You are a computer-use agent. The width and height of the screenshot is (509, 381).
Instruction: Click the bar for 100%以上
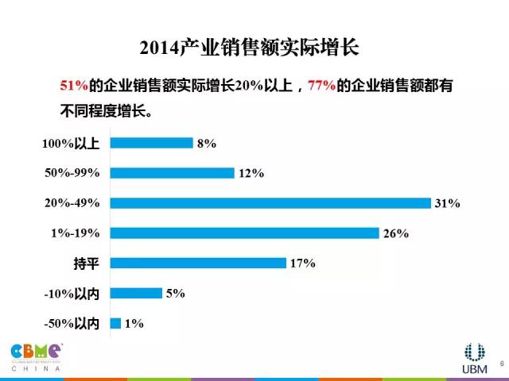tap(151, 143)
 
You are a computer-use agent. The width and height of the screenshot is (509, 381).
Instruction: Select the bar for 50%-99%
tap(172, 173)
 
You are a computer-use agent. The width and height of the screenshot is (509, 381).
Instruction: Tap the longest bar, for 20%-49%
tap(270, 203)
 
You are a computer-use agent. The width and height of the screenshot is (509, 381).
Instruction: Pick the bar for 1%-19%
tap(244, 233)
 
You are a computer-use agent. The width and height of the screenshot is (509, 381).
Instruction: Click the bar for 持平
tap(197, 263)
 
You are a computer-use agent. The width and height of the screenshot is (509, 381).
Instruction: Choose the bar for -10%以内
tap(135, 293)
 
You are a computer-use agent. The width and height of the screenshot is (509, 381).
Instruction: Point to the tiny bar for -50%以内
tap(115, 323)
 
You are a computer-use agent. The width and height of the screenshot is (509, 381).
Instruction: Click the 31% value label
tap(448, 203)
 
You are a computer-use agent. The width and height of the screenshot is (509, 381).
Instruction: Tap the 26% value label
tap(395, 233)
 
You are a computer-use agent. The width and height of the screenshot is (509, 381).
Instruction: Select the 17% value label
tap(303, 263)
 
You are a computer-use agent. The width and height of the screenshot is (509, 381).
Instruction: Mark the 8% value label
tap(207, 143)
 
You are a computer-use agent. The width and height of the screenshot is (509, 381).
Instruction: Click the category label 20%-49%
tap(72, 203)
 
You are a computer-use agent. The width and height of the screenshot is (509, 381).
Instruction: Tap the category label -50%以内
tap(72, 323)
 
